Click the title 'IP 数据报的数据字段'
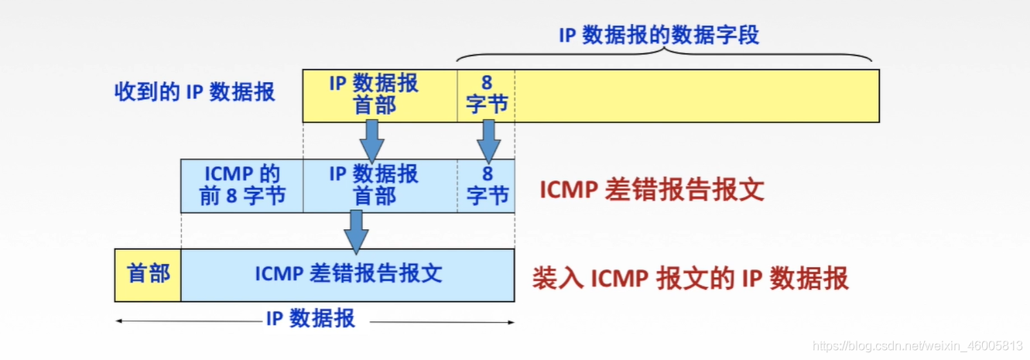[x=659, y=36]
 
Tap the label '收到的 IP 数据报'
[x=194, y=91]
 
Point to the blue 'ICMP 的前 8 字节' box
[x=241, y=186]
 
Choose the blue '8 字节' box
[x=486, y=186]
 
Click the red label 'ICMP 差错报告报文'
[x=652, y=190]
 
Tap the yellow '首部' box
[x=148, y=274]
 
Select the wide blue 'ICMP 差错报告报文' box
[x=348, y=275]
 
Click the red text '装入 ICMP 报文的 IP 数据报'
[x=690, y=277]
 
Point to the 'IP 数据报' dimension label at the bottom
[x=310, y=318]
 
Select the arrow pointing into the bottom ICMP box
[x=355, y=231]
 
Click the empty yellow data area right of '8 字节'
[x=696, y=95]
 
